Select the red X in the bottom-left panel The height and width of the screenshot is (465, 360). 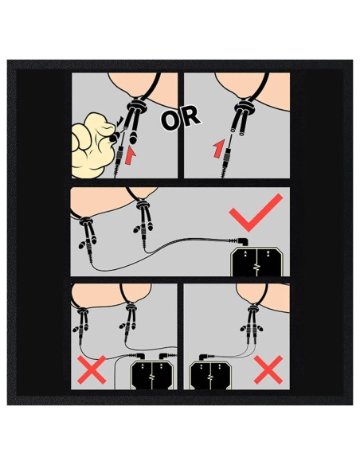click(x=92, y=369)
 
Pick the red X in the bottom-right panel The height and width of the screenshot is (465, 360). click(x=268, y=369)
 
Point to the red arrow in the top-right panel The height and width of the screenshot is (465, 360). click(x=218, y=149)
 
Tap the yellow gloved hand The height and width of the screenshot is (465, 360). click(x=92, y=145)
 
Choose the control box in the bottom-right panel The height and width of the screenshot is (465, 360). click(x=210, y=374)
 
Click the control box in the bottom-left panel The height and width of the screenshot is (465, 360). click(x=152, y=375)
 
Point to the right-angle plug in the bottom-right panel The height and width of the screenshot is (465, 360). click(x=207, y=356)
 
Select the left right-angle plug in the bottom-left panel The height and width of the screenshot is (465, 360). click(x=137, y=355)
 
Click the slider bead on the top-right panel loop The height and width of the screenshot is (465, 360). click(x=244, y=106)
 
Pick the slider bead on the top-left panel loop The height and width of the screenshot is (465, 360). click(x=137, y=106)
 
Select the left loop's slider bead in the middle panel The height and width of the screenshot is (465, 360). click(x=85, y=221)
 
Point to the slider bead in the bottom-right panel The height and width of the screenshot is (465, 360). click(x=252, y=307)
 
